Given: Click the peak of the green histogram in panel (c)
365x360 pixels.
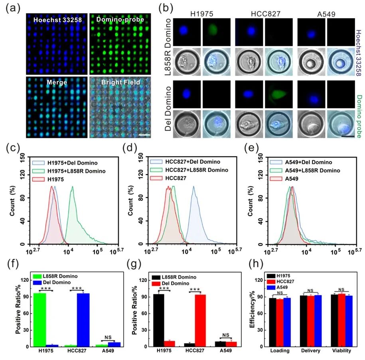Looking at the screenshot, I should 72,187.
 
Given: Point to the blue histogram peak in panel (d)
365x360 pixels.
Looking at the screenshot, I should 194,187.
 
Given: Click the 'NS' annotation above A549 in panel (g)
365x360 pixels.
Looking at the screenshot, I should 226,335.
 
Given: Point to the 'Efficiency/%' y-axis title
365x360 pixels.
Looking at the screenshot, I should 252,309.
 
